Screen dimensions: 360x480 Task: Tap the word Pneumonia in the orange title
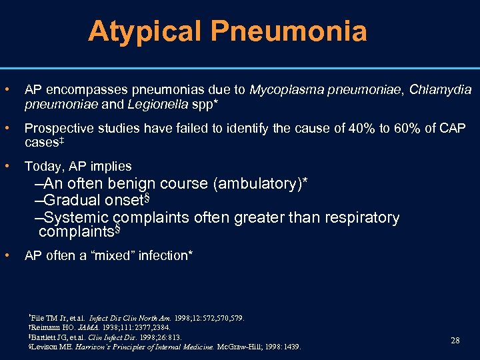(x=289, y=31)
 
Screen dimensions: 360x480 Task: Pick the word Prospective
(x=57, y=128)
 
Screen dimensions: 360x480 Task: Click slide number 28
(x=455, y=341)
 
